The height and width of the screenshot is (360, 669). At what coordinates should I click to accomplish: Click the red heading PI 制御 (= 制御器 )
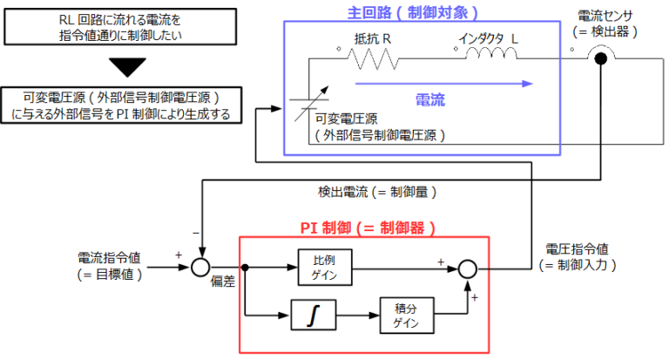click(x=367, y=228)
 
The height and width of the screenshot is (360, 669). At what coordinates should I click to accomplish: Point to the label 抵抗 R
click(x=371, y=37)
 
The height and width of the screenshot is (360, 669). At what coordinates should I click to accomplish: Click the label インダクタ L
click(x=488, y=37)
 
